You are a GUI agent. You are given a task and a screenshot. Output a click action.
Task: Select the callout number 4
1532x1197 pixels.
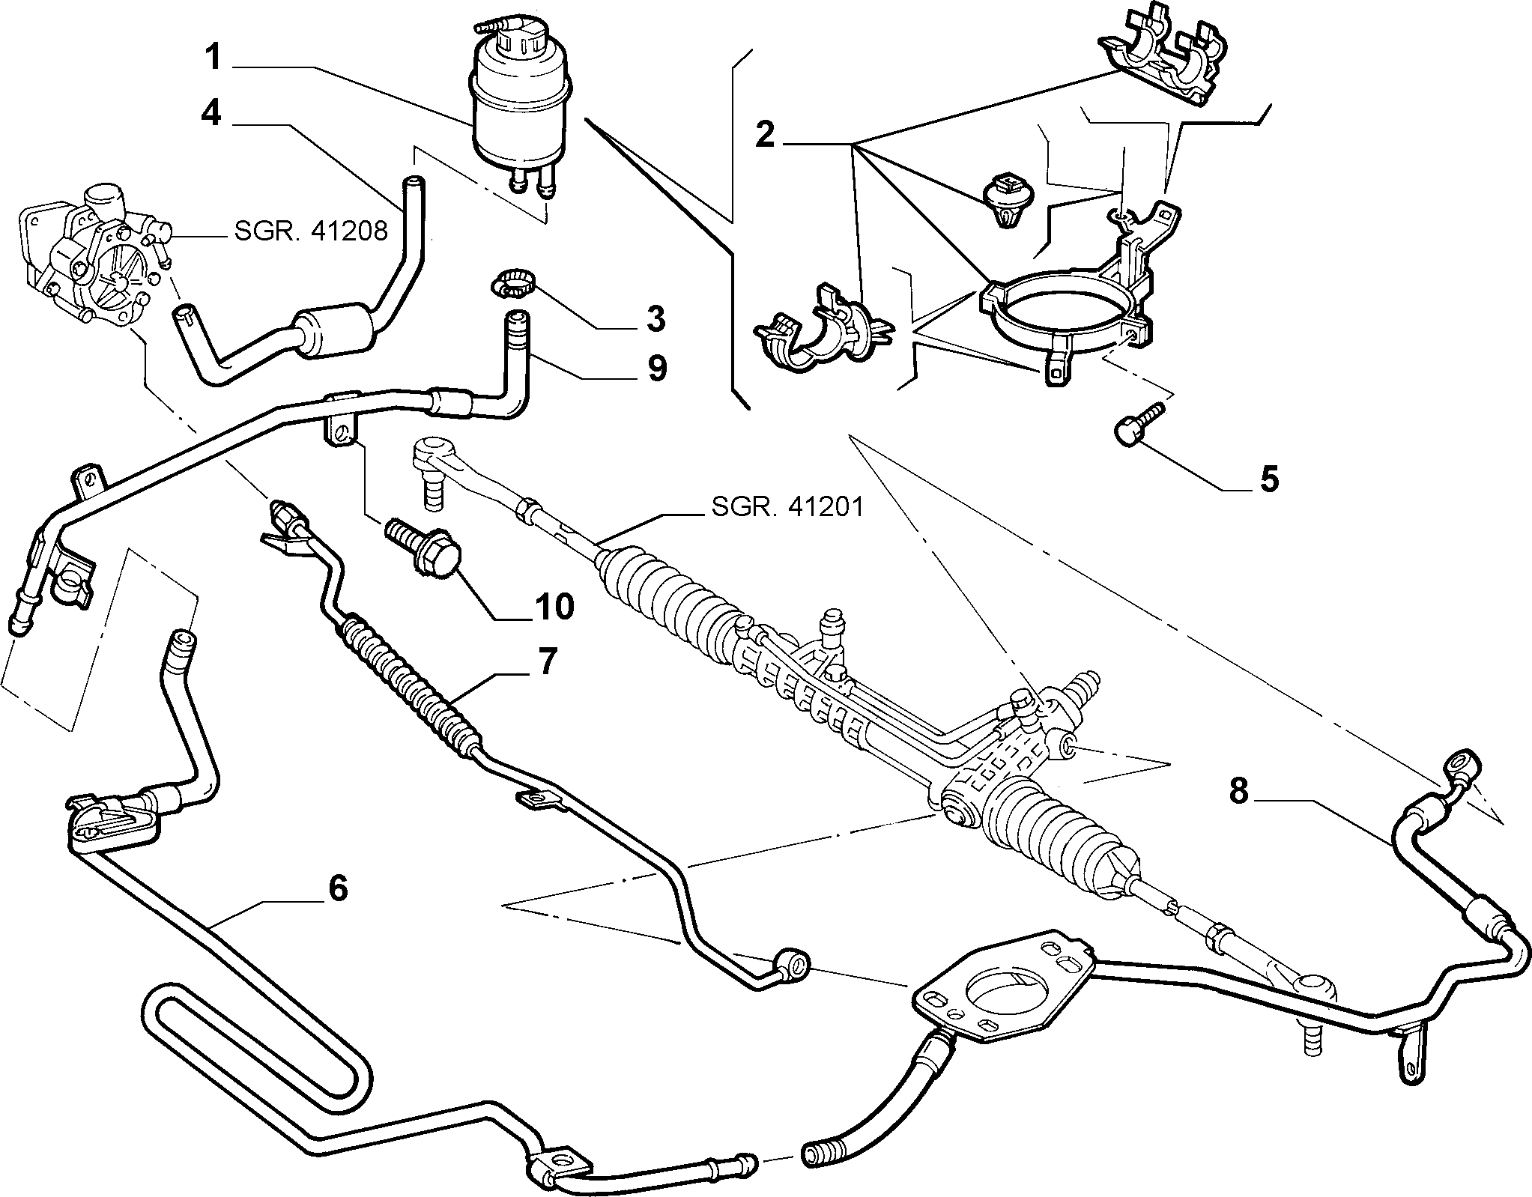point(211,115)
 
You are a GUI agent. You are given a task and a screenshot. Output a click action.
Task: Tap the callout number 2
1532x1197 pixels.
point(765,136)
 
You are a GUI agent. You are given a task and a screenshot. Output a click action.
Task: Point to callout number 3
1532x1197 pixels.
point(654,318)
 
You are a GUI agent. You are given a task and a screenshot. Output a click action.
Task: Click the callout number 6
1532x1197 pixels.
point(337,888)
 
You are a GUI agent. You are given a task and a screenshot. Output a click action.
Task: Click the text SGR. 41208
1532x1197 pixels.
point(311,231)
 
